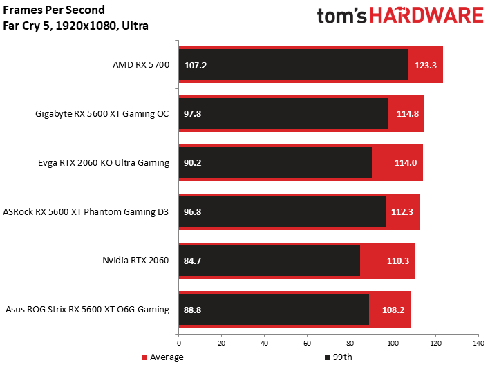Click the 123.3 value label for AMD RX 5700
coord(425,66)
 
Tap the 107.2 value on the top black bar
coord(196,66)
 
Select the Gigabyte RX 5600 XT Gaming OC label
coord(102,114)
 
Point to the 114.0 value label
coord(406,163)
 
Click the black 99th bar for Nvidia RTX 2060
coord(270,261)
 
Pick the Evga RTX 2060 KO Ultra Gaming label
coord(104,163)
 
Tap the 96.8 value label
coord(193,212)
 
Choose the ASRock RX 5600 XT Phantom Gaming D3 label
coord(86,212)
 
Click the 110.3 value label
coord(398,261)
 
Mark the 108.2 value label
coord(393,310)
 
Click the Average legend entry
coord(162,357)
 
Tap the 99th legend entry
coord(339,357)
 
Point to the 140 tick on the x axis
coord(478,344)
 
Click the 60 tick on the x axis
coord(307,344)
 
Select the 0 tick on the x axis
coord(179,344)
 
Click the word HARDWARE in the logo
coord(426,15)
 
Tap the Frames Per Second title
coord(54,10)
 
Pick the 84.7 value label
coord(193,261)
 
